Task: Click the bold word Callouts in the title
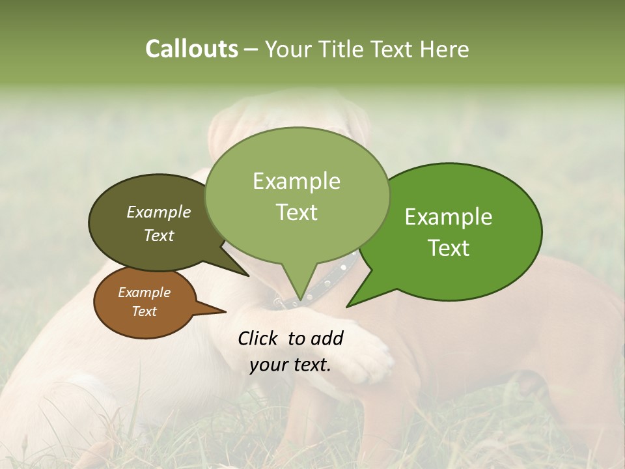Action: pos(191,49)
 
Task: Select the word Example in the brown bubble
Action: pos(144,292)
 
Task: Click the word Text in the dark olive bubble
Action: pos(159,235)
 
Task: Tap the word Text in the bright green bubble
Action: pos(449,248)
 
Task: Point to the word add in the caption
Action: pos(326,338)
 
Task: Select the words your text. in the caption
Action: pos(290,365)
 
